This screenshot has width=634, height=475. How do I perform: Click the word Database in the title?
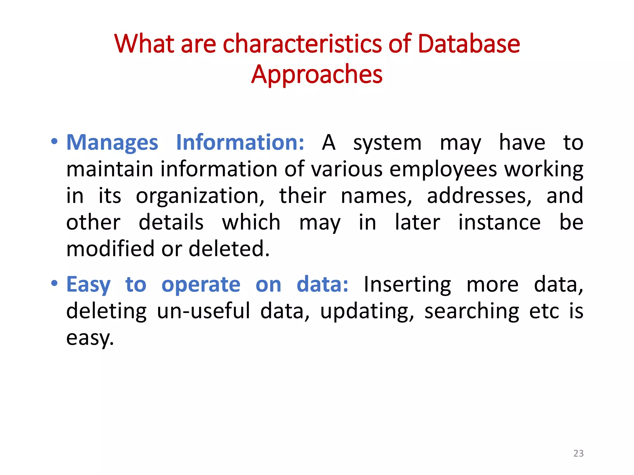tap(469, 44)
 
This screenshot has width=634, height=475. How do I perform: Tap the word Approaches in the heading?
tap(317, 75)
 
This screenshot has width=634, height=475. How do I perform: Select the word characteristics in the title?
tap(302, 44)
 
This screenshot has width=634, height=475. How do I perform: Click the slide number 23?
tap(578, 453)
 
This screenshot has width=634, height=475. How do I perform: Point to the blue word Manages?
tap(112, 143)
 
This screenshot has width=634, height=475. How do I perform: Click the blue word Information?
tap(240, 143)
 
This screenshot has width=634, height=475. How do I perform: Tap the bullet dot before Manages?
tap(54, 142)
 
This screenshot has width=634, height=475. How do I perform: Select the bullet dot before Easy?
tap(54, 283)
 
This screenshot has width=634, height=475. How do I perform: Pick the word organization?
tap(200, 196)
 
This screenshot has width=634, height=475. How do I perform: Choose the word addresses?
tap(479, 196)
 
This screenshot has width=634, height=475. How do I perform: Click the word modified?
tap(110, 249)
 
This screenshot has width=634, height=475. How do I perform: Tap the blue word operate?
tap(201, 285)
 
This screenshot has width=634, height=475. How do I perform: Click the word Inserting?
tap(407, 285)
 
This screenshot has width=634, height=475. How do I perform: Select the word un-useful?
tap(203, 311)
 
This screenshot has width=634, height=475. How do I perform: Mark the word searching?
tap(472, 312)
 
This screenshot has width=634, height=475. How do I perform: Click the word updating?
tap(367, 312)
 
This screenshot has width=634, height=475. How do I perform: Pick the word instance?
tap(499, 222)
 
